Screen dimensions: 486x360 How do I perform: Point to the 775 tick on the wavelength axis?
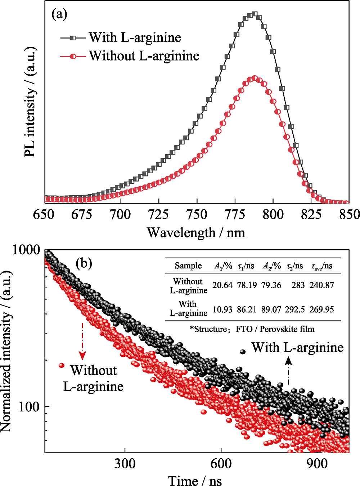tap(235, 214)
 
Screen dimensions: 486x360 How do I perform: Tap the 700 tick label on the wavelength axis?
tap(120, 214)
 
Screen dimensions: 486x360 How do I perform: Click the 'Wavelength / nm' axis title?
tap(196, 232)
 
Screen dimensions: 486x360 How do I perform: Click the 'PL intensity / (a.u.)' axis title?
tap(31, 102)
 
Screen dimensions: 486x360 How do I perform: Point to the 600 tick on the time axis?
tap(221, 463)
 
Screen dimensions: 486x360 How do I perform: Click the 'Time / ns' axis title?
tap(195, 480)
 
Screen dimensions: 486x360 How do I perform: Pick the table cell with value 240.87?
tap(321, 285)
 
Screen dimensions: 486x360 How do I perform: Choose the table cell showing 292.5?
tap(295, 309)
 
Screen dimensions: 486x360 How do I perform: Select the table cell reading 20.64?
tap(222, 285)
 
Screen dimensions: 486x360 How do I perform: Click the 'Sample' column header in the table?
tap(188, 266)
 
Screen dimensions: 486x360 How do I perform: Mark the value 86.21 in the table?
tap(247, 309)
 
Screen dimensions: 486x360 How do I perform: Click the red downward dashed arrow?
tap(83, 340)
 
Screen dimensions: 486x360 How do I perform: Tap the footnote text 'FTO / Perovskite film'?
tap(275, 329)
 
